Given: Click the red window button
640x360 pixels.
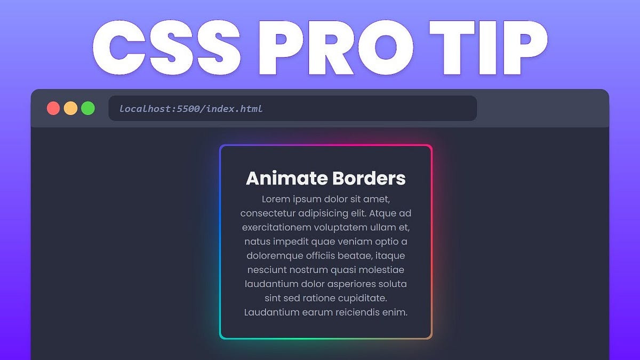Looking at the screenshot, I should coord(53,108).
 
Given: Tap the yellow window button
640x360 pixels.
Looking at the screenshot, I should coord(70,108).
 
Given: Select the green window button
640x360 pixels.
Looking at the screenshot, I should coord(88,108).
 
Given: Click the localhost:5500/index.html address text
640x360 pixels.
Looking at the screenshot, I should coord(191,109).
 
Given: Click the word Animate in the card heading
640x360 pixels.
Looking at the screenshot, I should coord(286,179).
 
